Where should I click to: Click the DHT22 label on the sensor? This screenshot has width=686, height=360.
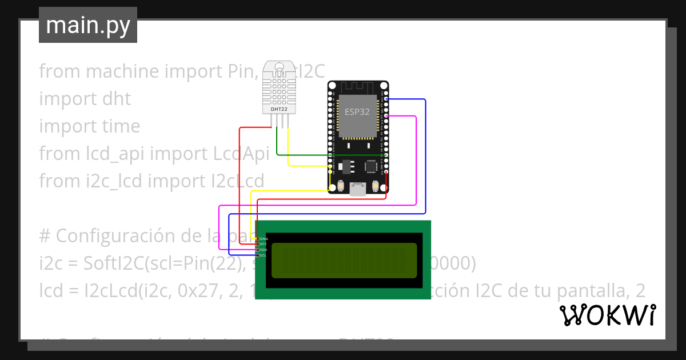click(x=279, y=109)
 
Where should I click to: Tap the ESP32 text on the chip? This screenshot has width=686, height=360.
click(x=357, y=111)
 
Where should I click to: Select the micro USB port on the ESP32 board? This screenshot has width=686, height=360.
click(x=358, y=189)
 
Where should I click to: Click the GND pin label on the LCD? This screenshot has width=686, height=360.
click(x=264, y=238)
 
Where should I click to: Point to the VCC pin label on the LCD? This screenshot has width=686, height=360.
click(x=264, y=244)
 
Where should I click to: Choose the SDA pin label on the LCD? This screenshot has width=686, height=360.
click(x=264, y=250)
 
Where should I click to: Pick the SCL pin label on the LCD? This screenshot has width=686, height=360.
click(x=264, y=255)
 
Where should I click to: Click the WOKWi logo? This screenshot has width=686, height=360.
click(x=607, y=315)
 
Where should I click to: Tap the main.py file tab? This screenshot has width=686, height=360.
click(x=88, y=25)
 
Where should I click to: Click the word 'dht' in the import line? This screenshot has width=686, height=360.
click(x=116, y=99)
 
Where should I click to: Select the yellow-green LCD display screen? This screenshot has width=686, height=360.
click(x=344, y=260)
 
